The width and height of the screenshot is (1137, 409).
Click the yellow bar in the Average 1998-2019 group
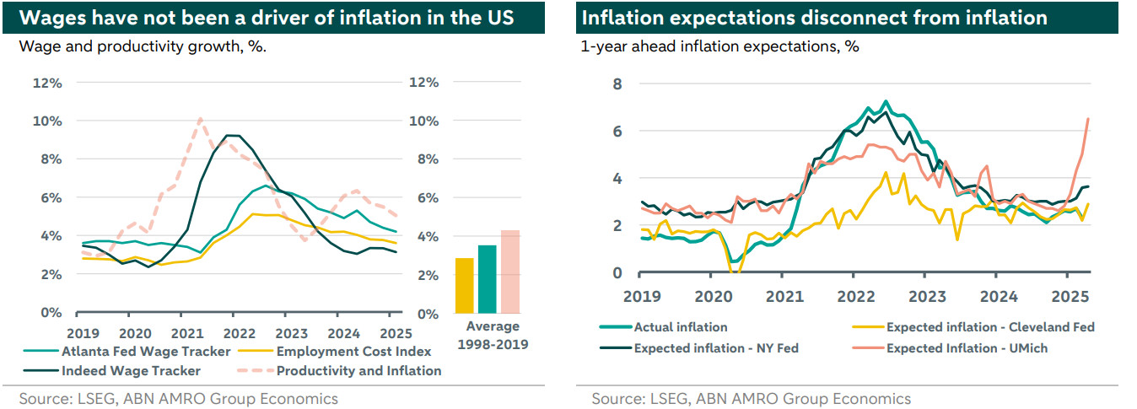(x=465, y=285)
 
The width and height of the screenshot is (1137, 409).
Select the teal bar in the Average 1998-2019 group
(x=487, y=279)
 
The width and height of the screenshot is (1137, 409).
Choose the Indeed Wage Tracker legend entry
(x=131, y=370)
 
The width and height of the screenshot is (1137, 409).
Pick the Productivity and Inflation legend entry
(x=358, y=370)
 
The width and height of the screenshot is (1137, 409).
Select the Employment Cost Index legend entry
(x=353, y=352)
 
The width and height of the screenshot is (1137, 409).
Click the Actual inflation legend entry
(x=680, y=327)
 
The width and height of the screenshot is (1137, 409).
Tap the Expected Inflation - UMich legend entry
(x=967, y=347)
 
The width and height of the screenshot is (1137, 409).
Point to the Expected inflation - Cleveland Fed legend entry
(x=990, y=327)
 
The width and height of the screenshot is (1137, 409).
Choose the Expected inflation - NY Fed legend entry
(x=716, y=347)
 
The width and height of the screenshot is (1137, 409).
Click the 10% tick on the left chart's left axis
(x=46, y=121)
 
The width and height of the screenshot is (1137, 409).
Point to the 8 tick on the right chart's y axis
(x=617, y=83)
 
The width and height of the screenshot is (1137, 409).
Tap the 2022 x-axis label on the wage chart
(x=240, y=332)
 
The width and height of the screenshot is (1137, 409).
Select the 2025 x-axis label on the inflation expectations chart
(x=1065, y=297)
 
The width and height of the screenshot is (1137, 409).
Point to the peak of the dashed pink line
(x=200, y=119)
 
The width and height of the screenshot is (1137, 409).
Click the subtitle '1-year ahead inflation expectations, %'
(x=719, y=47)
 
